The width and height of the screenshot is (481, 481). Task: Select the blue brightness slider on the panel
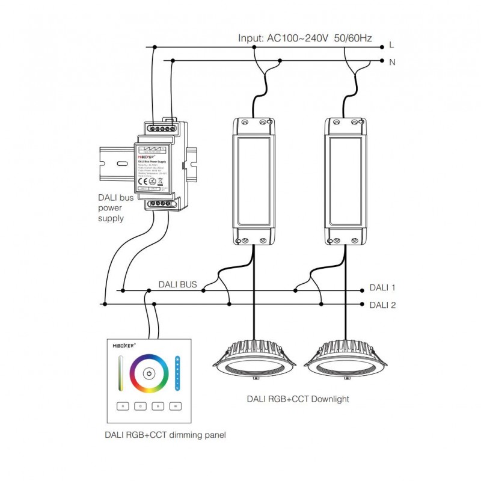pyautogui.click(x=177, y=373)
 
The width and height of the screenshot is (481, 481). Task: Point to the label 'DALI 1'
pyautogui.click(x=382, y=289)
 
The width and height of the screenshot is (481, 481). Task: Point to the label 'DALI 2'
pyautogui.click(x=382, y=305)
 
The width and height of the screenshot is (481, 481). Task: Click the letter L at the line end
pyautogui.click(x=391, y=44)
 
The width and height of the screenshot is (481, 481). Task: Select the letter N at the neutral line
pyautogui.click(x=391, y=61)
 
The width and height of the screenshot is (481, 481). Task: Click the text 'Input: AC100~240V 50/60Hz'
pyautogui.click(x=305, y=38)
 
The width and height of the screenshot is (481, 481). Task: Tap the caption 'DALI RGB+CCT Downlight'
pyautogui.click(x=298, y=399)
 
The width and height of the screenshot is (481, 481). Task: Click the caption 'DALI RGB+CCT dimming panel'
pyautogui.click(x=165, y=434)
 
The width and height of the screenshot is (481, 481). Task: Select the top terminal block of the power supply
pyautogui.click(x=161, y=127)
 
